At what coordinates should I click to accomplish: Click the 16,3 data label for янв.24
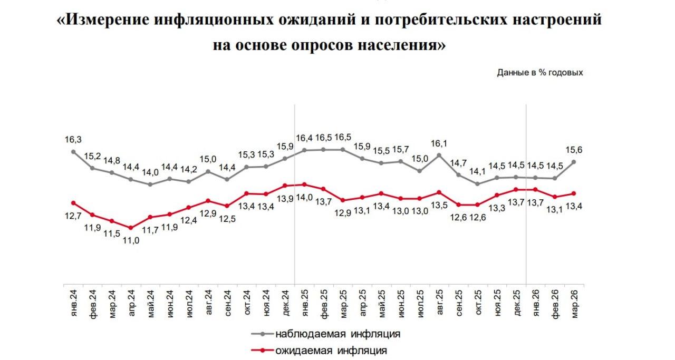coord(73,140)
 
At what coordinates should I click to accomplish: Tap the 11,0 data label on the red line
coord(132,240)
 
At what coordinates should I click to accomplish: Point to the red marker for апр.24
coord(131,228)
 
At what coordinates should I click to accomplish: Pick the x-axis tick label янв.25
coord(304,302)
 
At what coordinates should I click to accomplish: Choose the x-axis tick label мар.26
coord(573,302)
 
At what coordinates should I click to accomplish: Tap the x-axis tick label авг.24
coord(208,302)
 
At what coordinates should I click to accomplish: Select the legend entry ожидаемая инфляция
coord(330,350)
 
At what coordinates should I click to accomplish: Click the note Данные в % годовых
coord(539,73)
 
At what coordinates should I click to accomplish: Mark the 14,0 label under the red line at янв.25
coord(305,197)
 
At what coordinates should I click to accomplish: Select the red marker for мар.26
coord(573,193)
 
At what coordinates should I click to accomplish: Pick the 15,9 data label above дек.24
coord(285,145)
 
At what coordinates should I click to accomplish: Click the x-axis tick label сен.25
coord(458,302)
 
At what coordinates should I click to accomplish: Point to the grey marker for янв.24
coord(73,152)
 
